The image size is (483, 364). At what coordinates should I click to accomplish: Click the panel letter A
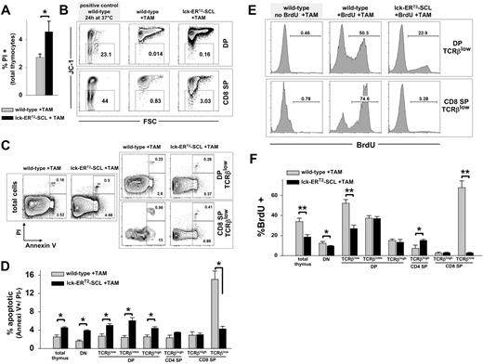coord(7,7)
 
